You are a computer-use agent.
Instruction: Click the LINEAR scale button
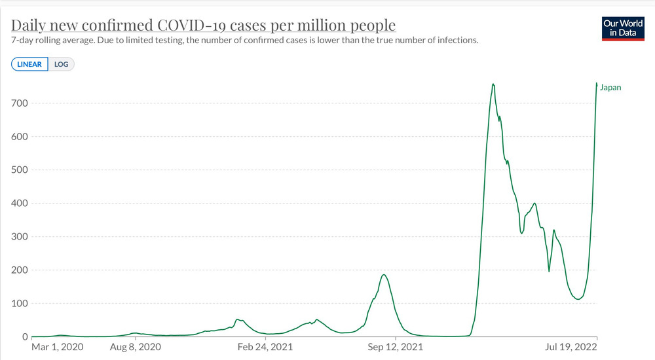point(29,64)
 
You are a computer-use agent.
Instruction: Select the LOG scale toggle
point(61,64)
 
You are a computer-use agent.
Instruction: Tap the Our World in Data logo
point(622,27)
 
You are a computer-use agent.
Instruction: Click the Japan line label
point(610,88)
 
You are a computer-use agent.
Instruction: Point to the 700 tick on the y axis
point(19,103)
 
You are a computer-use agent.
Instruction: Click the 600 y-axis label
point(19,137)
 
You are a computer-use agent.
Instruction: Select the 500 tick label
point(19,170)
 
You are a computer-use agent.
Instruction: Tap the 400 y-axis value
point(19,204)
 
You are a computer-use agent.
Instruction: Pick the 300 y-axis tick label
point(19,237)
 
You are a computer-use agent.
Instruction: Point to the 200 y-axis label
point(19,270)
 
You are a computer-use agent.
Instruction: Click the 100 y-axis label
point(19,304)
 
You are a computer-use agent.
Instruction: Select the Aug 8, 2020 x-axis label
point(135,346)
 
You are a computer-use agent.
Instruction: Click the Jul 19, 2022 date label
point(572,346)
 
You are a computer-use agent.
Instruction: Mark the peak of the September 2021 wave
point(384,274)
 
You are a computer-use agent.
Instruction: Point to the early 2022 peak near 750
point(493,84)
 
